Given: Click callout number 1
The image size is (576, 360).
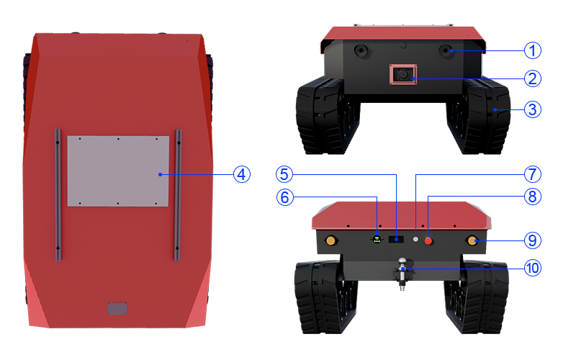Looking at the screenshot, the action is [532, 50].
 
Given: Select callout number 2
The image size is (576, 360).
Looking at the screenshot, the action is [532, 78].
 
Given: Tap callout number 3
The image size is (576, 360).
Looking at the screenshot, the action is [532, 109].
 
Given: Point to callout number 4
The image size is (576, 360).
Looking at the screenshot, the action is [242, 174].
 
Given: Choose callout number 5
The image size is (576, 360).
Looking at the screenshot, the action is [284, 174].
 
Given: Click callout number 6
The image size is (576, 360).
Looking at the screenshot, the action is [284, 197].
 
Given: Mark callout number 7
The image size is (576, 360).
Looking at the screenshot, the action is [532, 174].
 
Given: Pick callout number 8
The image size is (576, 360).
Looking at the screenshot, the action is [532, 197].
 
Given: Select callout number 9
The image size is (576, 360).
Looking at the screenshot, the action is [532, 240].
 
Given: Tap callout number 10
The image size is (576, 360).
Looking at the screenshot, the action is [532, 268].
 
